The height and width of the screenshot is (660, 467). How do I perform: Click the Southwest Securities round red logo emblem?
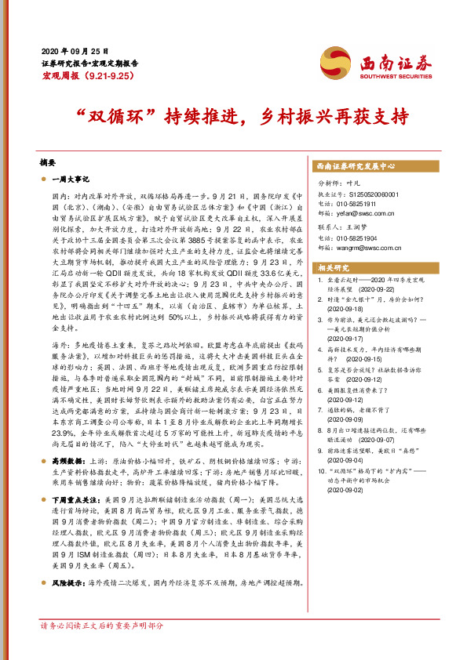coord(334,62)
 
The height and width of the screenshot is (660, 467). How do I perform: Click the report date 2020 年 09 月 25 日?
coord(71,49)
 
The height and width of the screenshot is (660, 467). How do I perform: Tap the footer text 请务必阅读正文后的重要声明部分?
coord(102,648)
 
